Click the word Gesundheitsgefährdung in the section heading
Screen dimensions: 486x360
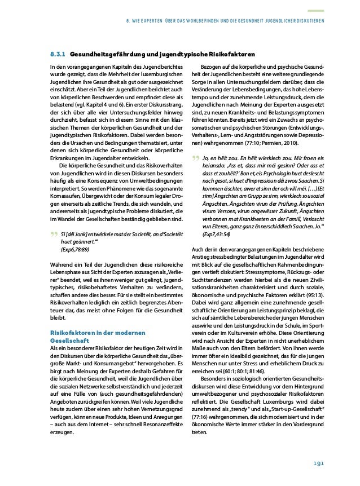106,54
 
